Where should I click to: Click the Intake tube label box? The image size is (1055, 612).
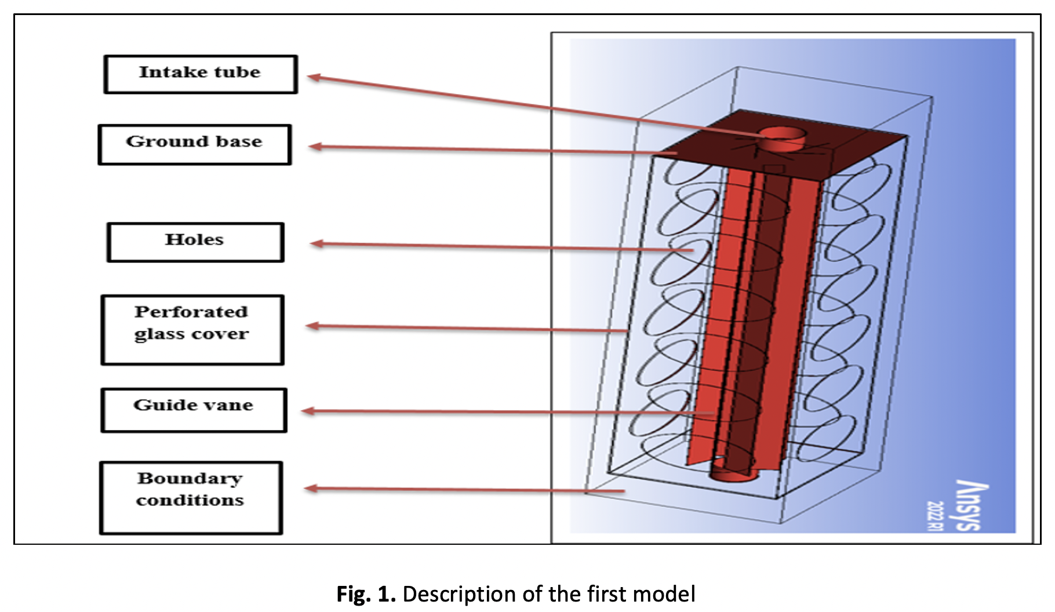pos(201,74)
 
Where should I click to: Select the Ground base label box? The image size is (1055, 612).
pos(195,144)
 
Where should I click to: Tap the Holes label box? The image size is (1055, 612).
pos(195,242)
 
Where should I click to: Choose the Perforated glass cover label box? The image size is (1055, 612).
pos(192,330)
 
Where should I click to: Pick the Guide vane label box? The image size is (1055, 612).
pos(194,410)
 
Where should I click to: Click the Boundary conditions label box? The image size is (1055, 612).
pos(191,497)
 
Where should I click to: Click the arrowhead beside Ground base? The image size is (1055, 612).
pos(315,147)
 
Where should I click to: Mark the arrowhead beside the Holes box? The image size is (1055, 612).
pos(316,243)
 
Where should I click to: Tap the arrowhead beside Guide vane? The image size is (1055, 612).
pos(308,411)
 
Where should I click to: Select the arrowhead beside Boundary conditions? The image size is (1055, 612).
pos(311,489)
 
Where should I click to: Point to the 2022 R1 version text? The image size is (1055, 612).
pos(935,516)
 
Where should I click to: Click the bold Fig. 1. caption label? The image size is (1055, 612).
pos(366,594)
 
